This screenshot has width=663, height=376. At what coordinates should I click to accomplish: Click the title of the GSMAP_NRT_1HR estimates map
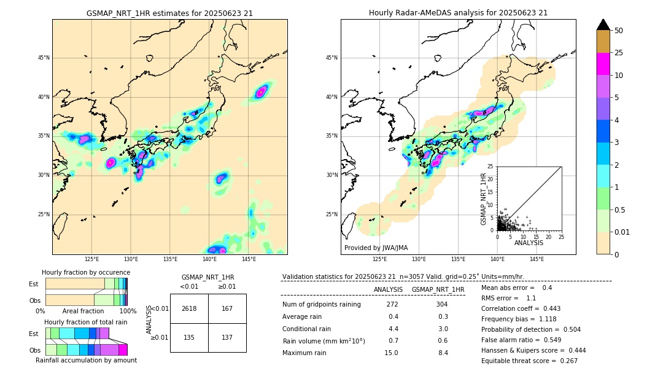169,13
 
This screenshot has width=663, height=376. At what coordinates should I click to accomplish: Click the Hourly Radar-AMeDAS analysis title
458,13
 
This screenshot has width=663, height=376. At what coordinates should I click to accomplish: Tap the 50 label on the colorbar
619,31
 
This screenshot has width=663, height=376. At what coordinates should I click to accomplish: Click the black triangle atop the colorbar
603,25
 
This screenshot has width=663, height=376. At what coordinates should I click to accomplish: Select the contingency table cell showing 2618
189,308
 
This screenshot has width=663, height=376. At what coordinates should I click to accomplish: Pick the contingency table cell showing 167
227,308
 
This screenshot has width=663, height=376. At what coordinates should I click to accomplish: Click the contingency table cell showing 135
189,337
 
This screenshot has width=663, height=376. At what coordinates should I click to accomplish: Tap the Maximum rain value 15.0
392,353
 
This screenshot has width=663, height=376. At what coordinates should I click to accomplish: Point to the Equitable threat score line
529,361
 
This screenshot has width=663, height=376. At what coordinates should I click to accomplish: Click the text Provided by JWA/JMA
376,248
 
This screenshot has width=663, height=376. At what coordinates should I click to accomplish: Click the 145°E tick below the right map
537,259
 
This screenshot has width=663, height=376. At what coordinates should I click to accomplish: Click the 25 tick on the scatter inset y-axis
490,166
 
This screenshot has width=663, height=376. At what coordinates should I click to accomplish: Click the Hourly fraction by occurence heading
86,272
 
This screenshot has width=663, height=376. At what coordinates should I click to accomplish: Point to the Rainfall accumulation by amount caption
86,360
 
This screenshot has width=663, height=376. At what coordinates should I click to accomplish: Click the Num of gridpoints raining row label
322,304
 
